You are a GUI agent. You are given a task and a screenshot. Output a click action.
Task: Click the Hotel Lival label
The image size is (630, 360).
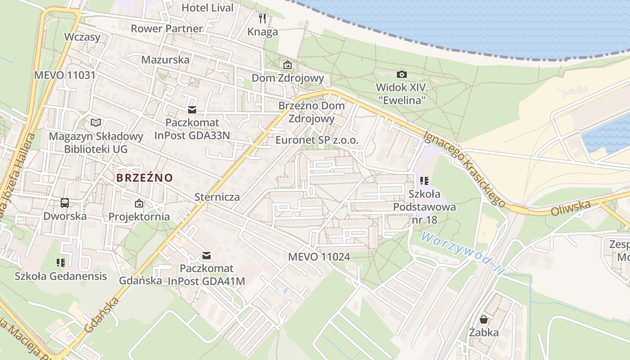pos(207,8)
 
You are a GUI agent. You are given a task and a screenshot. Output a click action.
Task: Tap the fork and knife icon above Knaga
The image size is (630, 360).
pos(262,18)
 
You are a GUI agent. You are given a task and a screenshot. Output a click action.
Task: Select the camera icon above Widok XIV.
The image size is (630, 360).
pos(402,74)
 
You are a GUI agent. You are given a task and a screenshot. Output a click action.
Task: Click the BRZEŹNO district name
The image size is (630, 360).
pos(144,178)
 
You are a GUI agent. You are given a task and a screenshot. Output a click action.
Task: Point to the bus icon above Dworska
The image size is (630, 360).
pos(65,203)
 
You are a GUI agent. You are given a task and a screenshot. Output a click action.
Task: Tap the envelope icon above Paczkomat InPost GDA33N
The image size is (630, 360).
pos(192,110)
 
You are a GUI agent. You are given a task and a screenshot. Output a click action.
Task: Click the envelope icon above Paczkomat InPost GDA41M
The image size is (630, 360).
pos(207,256)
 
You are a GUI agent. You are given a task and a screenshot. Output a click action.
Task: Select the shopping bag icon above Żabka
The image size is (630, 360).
pos(484,319)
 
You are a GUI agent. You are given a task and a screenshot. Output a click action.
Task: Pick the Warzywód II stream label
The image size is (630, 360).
pos(462,254)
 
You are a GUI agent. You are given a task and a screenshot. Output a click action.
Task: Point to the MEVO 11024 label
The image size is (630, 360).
pos(319,257)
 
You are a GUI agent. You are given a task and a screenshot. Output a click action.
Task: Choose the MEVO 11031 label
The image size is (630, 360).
pos(65,75)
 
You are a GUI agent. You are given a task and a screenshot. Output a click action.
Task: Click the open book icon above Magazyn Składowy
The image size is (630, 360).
pos(96,122)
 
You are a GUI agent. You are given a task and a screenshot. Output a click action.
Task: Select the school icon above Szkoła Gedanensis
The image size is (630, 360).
pos(61,262)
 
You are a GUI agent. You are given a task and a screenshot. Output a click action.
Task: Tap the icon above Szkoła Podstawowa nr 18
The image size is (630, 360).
pos(424,181)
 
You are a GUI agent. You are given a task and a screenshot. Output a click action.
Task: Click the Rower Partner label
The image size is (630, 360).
pos(166,28)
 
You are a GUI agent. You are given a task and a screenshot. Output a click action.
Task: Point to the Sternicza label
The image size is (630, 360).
pos(217,197)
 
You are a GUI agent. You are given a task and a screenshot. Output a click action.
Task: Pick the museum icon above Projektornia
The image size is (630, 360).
pos(139,203)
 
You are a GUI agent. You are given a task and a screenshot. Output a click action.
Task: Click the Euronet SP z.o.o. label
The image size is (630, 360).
pos(317,140)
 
